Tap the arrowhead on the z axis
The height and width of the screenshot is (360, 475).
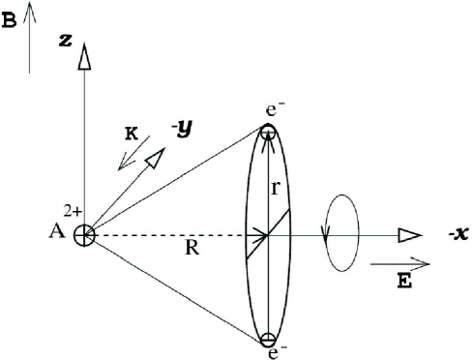coord(84,57)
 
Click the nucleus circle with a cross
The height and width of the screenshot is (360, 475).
coord(84,235)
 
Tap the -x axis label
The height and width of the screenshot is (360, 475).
coord(448,237)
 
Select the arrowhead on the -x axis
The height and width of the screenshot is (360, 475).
coord(409,235)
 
